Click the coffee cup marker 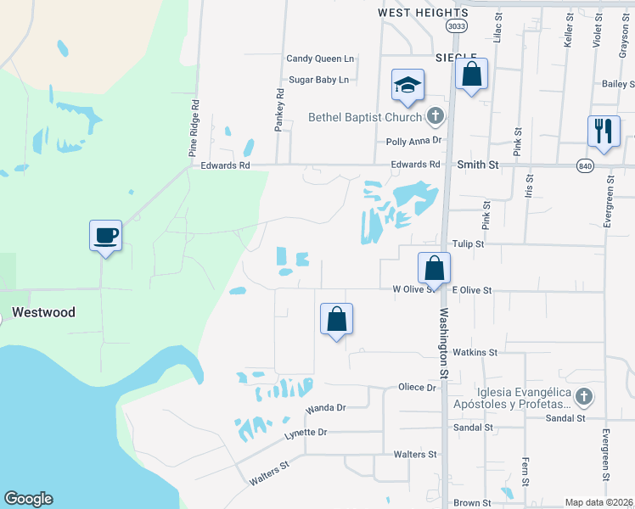click(106, 235)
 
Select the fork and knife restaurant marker click(604, 131)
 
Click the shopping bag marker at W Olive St click(434, 268)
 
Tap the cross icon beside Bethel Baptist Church click(436, 116)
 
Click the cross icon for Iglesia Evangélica click(583, 396)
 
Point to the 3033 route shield click(457, 26)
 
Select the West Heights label click(423, 13)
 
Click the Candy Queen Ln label click(320, 59)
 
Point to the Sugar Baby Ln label click(319, 80)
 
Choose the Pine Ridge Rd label click(194, 129)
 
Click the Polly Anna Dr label click(414, 142)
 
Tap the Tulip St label click(467, 243)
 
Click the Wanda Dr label click(327, 407)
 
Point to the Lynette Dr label click(306, 432)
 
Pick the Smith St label click(478, 165)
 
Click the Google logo click(28, 499)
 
